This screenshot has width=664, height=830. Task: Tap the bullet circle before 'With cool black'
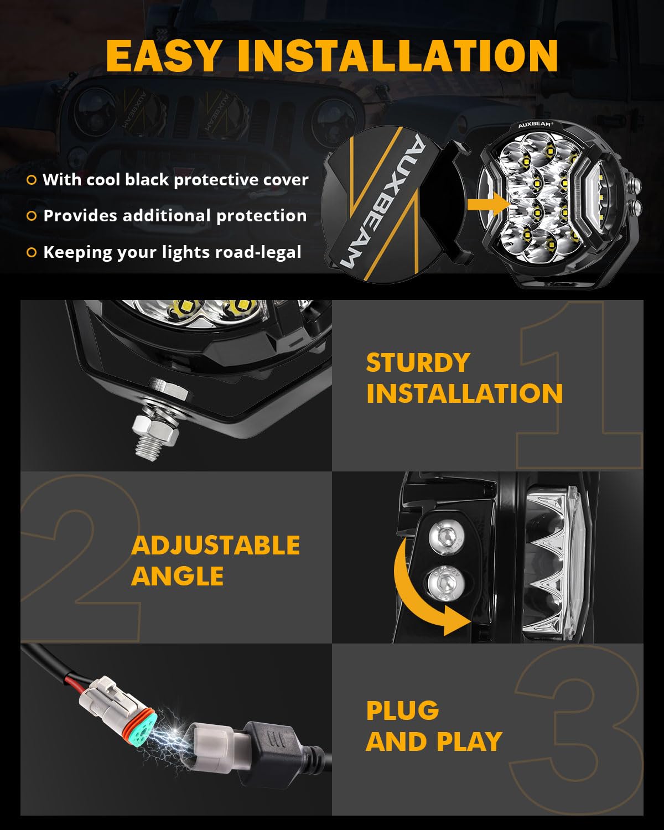32,180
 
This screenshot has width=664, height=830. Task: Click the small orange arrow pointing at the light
487,205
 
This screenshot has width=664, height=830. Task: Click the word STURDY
418,363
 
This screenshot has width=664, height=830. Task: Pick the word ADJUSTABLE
215,546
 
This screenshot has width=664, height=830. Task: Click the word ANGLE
177,576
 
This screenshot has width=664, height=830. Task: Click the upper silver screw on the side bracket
447,536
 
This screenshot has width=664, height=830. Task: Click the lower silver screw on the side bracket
444,582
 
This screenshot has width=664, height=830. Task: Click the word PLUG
402,710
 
